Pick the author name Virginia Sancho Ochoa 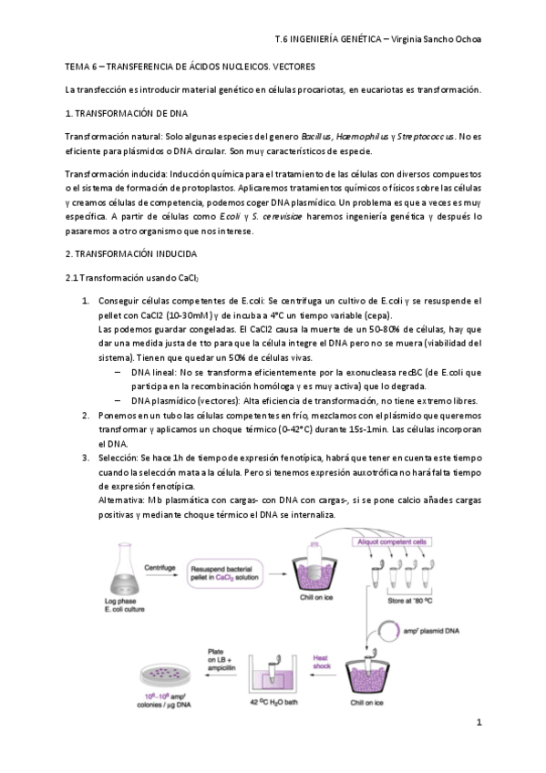click(437, 40)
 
